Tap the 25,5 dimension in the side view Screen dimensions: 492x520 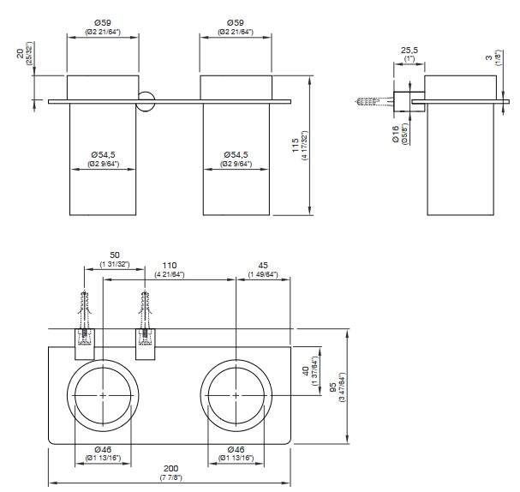tap(409, 51)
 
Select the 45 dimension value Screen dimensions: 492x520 tap(263, 265)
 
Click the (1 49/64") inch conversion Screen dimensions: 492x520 tap(263, 274)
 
